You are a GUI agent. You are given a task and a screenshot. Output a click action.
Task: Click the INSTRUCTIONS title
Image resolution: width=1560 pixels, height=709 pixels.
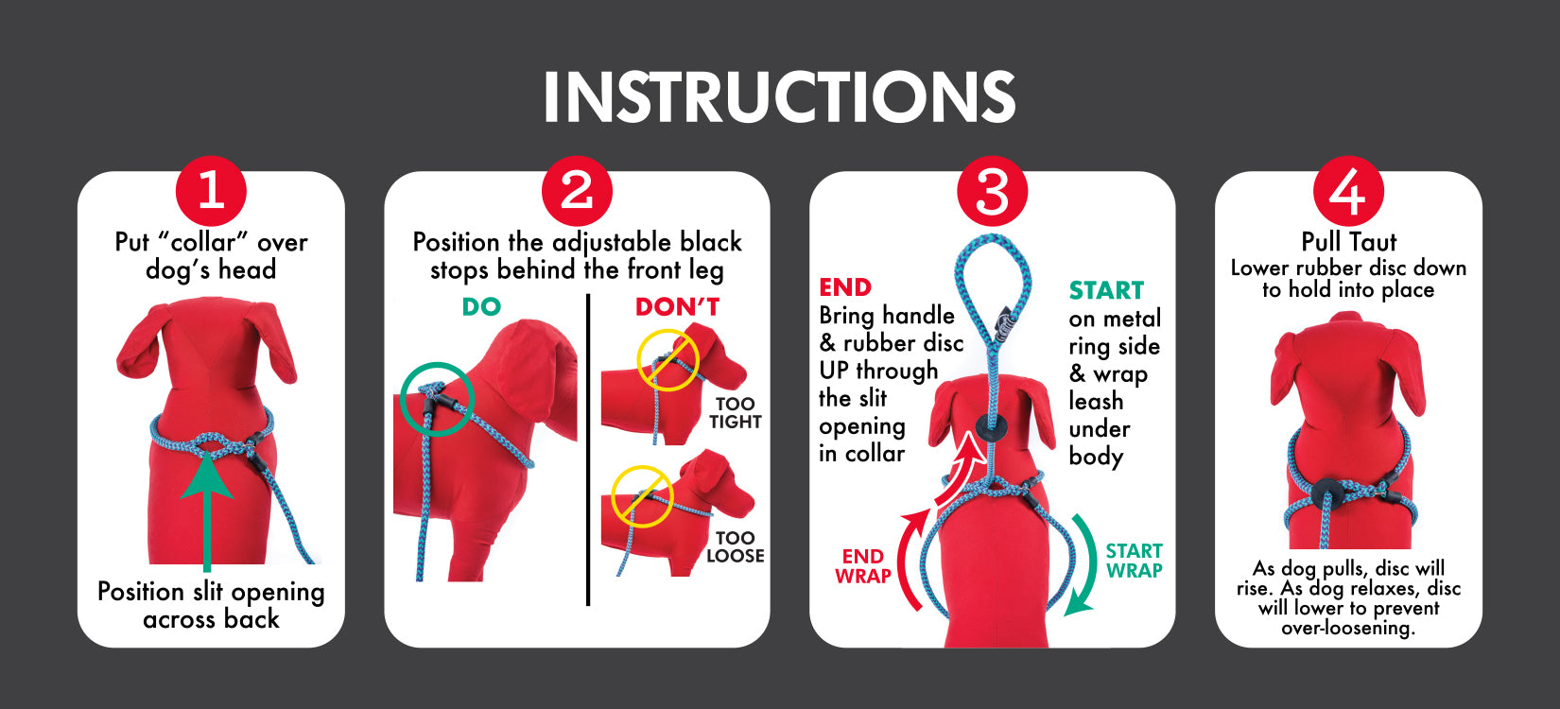coord(779,96)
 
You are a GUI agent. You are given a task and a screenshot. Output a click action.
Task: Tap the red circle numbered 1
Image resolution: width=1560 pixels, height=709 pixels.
coord(211,192)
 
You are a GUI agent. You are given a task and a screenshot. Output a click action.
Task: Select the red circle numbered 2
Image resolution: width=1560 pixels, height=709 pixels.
coord(577,192)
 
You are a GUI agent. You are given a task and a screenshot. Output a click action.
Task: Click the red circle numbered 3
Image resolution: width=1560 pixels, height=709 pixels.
coord(992,192)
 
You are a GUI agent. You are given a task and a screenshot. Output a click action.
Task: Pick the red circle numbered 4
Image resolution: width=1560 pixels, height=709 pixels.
coord(1348,192)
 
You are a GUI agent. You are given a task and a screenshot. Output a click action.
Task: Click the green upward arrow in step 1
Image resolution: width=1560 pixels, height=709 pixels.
coord(207,510)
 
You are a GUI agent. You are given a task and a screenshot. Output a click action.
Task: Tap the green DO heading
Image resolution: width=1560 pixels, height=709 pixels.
coord(481,307)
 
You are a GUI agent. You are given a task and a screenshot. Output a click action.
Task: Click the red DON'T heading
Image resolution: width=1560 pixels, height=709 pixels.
coord(677,307)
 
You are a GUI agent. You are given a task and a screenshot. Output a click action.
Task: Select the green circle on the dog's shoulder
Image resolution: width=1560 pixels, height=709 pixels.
coord(436,399)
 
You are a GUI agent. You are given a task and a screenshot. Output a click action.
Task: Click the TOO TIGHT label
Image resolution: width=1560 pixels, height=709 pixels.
coord(735,413)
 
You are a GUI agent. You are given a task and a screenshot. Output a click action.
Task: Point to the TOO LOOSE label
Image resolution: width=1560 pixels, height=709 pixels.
coord(735,546)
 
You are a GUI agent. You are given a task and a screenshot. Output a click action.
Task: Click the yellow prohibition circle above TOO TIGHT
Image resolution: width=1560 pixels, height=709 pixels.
coord(667,360)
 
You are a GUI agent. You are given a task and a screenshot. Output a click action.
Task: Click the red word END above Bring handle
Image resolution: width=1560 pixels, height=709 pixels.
coord(845,287)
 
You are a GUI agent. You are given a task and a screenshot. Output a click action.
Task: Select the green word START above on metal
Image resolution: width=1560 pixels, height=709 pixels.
coord(1106,290)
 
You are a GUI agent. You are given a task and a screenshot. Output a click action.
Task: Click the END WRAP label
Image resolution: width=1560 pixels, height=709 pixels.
coord(862,566)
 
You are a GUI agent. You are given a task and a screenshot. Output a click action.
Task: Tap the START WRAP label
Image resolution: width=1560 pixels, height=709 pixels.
coord(1134,561)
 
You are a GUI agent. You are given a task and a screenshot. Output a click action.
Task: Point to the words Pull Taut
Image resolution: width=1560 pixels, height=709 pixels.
coord(1348,242)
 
